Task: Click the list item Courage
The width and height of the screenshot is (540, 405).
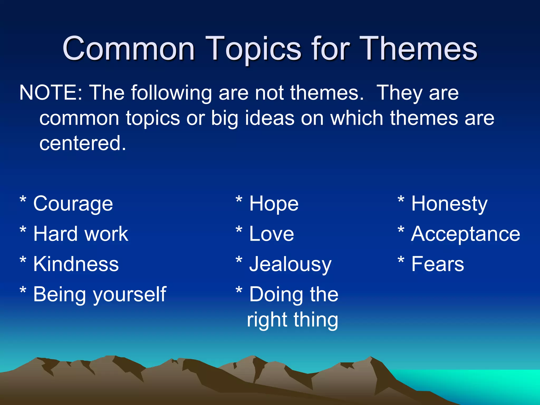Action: click(73, 204)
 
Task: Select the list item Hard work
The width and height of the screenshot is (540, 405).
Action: click(81, 234)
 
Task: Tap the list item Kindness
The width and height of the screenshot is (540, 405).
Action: click(76, 264)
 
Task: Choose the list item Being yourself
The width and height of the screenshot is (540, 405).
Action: click(100, 295)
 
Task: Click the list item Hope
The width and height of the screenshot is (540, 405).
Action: click(274, 204)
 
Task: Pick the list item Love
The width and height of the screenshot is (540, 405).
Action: click(271, 234)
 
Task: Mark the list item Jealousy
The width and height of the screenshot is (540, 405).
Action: click(290, 264)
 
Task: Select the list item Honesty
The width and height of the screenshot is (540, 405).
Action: click(449, 204)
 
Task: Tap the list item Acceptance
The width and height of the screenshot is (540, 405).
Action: click(465, 234)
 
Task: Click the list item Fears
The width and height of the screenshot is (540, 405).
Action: click(437, 264)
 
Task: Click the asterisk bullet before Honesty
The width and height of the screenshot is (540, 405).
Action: click(401, 200)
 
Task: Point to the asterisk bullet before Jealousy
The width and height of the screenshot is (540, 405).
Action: click(239, 260)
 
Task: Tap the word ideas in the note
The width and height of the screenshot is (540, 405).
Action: click(269, 118)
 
